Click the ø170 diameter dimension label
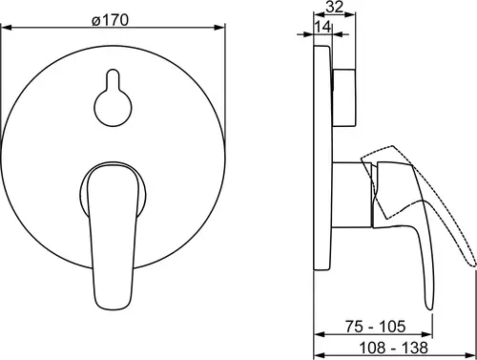point(111,21)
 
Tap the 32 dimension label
point(335,7)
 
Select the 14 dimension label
point(323,27)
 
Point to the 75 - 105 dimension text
point(375,327)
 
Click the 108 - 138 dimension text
point(393,348)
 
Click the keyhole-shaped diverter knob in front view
point(114,97)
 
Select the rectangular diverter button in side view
point(344,97)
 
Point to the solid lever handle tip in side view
point(429,307)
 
